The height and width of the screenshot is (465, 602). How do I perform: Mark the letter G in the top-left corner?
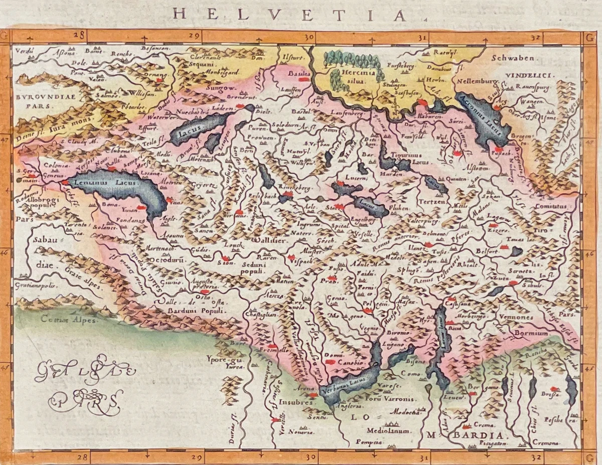(6, 36)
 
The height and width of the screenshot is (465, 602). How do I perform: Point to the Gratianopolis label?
(36, 285)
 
